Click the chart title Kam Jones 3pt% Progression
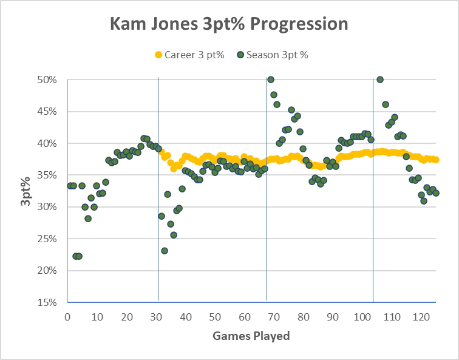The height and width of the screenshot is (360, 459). (229, 24)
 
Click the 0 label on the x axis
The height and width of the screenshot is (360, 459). (67, 318)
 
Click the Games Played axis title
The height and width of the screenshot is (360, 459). (251, 336)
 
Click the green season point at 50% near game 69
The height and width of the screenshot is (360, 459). (271, 80)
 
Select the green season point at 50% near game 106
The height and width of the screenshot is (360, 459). (380, 80)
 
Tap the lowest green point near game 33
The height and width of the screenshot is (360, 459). (165, 251)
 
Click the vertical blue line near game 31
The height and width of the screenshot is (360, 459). (158, 182)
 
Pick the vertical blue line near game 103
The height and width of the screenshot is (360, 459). (373, 182)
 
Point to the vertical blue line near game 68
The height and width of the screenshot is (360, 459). (267, 182)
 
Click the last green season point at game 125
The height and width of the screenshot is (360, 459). (436, 193)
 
